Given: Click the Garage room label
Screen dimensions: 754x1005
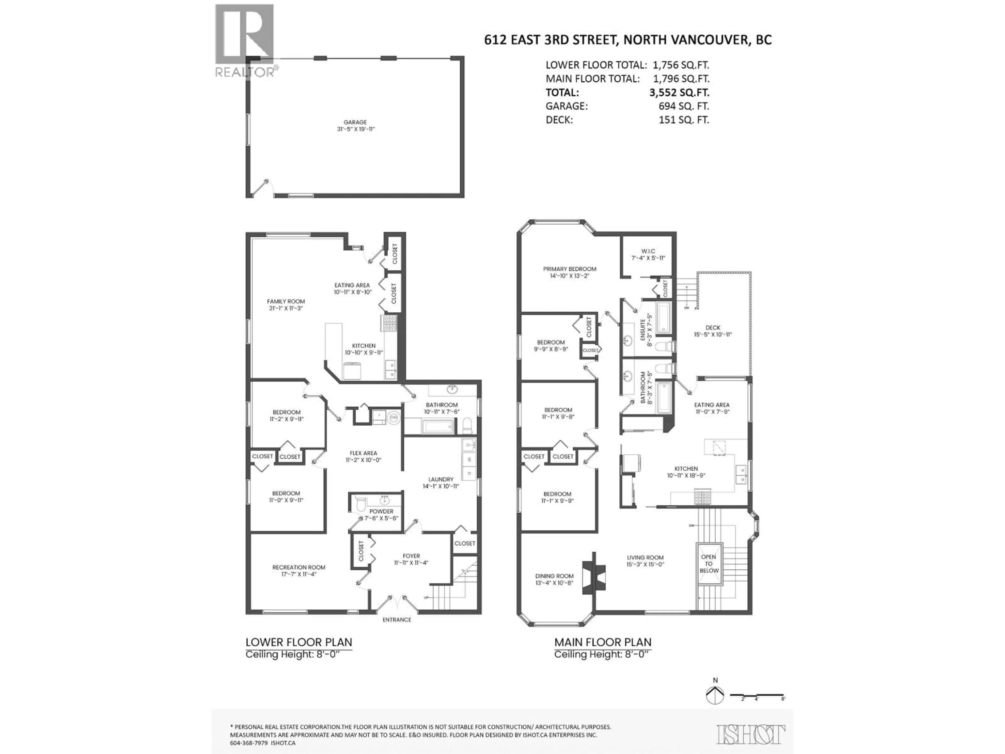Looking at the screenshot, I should (355, 125).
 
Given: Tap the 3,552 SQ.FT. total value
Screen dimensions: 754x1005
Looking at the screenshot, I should (679, 92).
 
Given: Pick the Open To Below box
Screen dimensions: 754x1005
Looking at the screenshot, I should (709, 564).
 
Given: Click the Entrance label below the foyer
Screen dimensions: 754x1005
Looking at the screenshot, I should (397, 619).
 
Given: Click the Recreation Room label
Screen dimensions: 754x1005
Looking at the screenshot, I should (299, 570).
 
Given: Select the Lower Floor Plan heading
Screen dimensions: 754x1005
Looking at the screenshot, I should (299, 642).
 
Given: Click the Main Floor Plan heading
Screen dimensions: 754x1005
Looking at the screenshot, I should (602, 642).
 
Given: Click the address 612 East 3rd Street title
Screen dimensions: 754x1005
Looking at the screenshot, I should (627, 40).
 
